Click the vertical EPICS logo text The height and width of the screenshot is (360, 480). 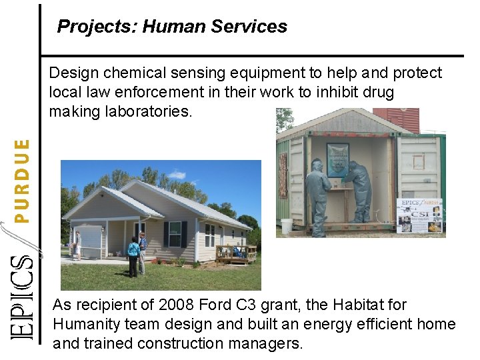(23, 297)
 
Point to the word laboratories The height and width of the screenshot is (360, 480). (149, 111)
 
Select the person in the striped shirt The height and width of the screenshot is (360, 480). (143, 249)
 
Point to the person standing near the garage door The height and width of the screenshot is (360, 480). (79, 244)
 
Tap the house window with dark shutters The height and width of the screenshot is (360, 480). (175, 234)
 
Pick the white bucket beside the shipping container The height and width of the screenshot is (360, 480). (287, 226)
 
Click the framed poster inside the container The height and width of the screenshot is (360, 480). (337, 159)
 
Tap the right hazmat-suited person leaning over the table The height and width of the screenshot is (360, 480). (359, 189)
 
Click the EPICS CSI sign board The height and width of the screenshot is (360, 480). (419, 215)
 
